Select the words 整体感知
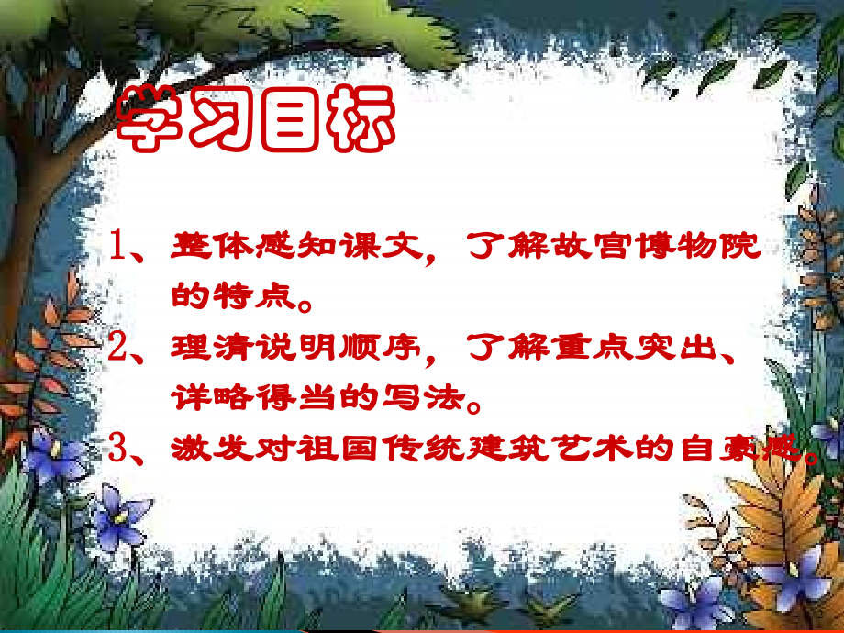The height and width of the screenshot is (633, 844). pos(233,248)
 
